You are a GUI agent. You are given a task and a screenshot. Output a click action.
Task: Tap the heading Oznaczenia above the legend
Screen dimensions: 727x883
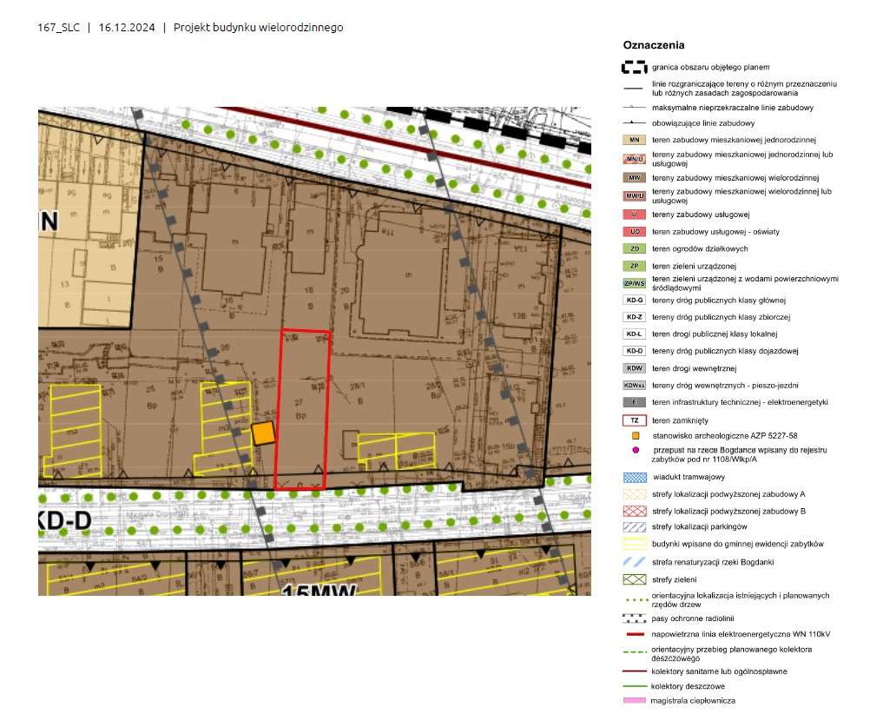654,45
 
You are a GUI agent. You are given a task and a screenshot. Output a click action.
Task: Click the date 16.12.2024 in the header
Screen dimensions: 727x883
127,28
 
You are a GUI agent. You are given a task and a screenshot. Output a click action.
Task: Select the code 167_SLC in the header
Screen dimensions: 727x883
59,28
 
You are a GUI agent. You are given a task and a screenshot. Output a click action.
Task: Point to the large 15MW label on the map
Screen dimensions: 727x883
320,592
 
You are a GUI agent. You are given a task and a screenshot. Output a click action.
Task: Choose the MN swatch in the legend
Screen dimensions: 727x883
635,140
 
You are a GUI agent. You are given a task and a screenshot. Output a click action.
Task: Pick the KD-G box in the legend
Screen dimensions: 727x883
635,300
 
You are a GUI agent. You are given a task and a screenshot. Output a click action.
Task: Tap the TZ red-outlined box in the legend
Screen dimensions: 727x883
635,420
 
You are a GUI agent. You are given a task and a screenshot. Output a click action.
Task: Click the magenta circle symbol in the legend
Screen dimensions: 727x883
636,450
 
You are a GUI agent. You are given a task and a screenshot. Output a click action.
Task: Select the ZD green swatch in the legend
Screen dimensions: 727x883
635,248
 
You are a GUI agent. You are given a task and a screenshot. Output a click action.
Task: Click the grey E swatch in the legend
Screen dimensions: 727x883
635,402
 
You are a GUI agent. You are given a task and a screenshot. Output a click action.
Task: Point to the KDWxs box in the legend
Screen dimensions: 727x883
635,385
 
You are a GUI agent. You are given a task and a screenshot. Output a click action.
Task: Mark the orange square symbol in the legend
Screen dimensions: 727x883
636,434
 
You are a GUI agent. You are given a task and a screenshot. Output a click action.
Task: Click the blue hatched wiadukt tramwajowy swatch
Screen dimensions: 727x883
635,477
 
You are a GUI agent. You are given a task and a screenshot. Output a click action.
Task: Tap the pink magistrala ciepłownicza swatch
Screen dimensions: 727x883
635,700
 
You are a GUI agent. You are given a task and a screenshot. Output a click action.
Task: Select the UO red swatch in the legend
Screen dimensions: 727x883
635,231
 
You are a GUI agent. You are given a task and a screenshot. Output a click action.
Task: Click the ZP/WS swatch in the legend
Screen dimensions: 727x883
635,283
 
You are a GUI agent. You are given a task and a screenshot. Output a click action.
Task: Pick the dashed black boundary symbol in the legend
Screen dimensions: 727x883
635,67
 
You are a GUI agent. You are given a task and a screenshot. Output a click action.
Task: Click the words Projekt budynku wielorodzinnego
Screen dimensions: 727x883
258,28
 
